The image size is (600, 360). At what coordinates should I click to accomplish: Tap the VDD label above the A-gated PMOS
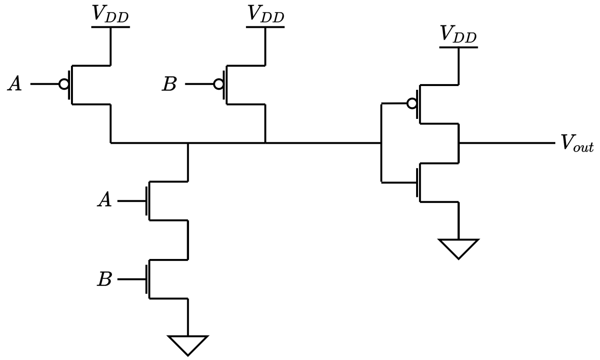pos(111,14)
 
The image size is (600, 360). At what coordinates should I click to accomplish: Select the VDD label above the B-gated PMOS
pos(266,14)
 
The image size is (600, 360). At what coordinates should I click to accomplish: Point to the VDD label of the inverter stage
pos(458,35)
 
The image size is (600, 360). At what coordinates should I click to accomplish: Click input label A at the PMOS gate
pos(15,85)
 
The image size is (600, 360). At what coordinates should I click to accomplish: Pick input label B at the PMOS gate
pos(169,85)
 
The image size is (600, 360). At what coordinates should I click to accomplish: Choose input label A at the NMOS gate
pos(104,201)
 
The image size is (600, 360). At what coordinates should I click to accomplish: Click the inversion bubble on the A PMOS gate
pos(63,85)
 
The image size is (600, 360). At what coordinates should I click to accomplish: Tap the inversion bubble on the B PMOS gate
pos(218,85)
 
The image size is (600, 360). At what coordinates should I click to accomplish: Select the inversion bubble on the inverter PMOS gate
pos(412,104)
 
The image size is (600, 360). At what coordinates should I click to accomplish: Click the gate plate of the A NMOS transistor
pos(147,201)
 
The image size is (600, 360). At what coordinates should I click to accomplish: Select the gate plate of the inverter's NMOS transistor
pos(417,182)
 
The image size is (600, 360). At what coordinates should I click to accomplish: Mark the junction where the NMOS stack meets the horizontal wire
pos(188,142)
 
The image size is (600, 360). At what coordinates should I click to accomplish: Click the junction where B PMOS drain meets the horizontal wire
pos(266,142)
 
